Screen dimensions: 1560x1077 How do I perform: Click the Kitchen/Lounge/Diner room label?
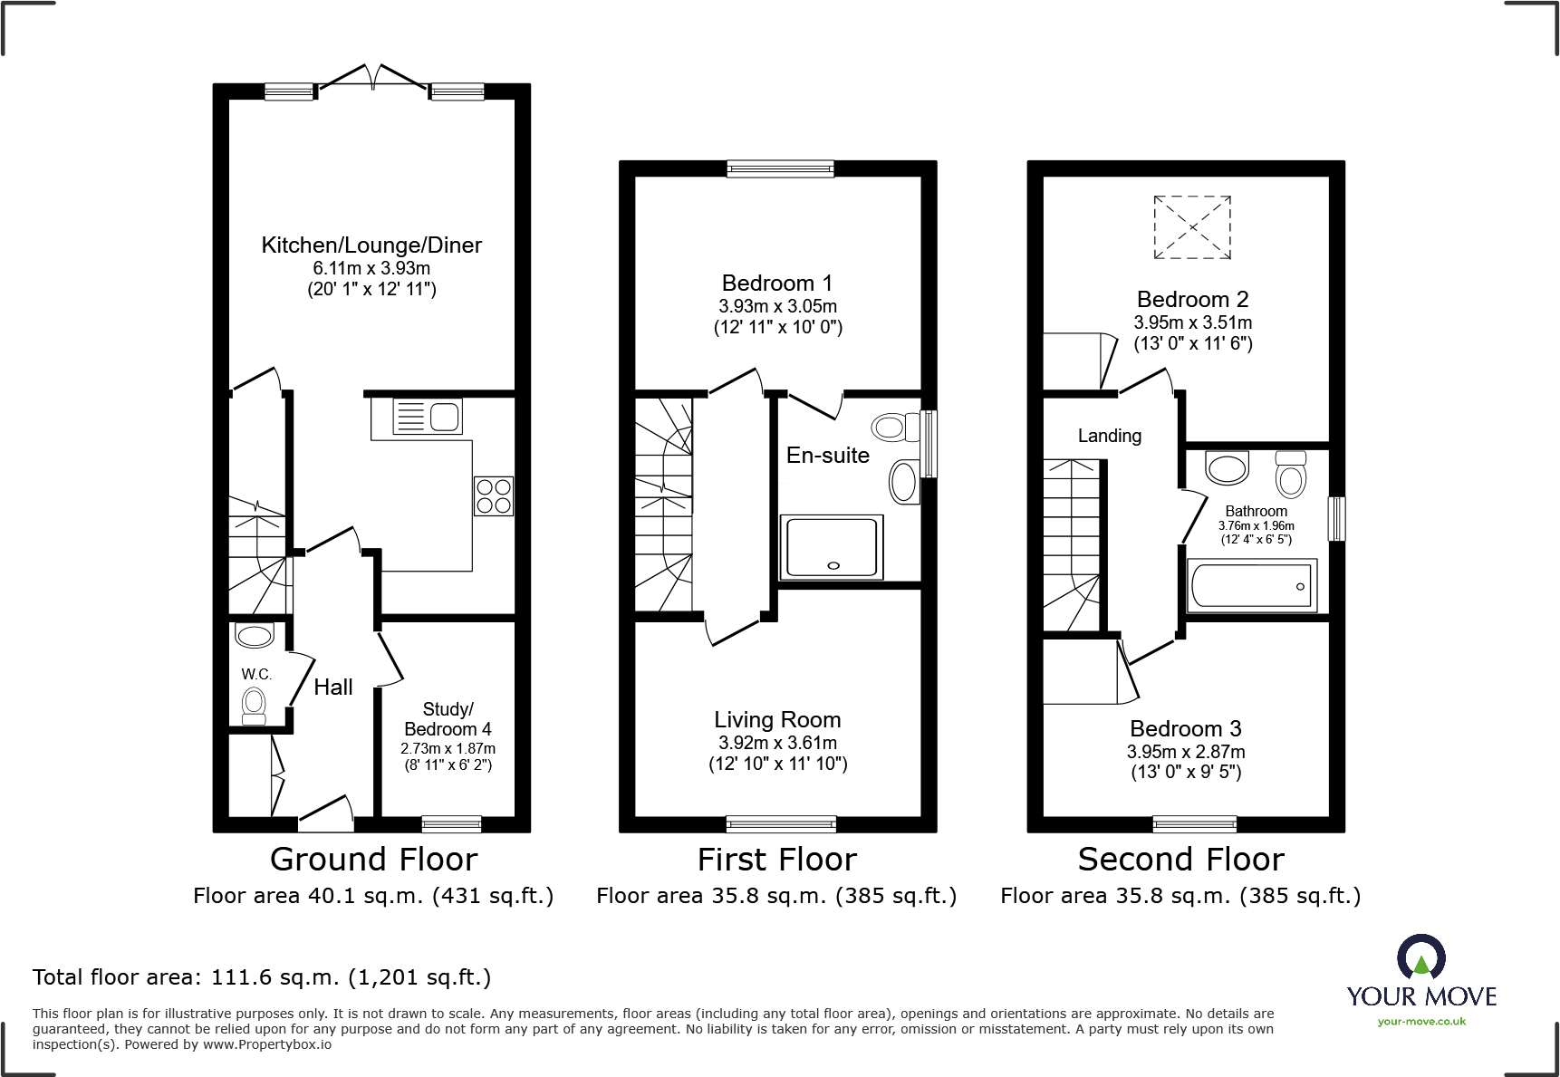click(x=371, y=245)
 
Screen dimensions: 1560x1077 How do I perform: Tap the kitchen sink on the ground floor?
click(x=428, y=416)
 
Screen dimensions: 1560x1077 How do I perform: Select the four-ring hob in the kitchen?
click(x=494, y=496)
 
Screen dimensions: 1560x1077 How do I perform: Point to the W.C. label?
click(x=256, y=674)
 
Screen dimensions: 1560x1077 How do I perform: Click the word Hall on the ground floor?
click(x=333, y=688)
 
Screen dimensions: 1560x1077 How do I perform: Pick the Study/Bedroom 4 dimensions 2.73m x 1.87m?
click(x=448, y=749)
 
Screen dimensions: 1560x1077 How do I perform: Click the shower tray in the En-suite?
click(x=832, y=547)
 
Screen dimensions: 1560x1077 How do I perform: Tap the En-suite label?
click(x=828, y=456)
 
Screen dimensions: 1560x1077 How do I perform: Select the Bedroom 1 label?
click(x=777, y=284)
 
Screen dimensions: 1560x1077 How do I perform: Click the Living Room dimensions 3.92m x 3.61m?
click(x=778, y=743)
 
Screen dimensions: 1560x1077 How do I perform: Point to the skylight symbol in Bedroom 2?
click(x=1192, y=227)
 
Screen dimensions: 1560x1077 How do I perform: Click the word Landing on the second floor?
click(x=1110, y=436)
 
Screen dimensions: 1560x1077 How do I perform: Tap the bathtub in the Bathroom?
click(x=1252, y=585)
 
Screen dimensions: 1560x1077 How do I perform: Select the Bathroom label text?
click(x=1257, y=512)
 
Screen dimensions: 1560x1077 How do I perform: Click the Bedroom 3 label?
click(x=1186, y=729)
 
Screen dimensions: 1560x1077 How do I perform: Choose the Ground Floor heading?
click(x=373, y=859)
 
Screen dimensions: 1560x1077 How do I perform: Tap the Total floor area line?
click(x=262, y=977)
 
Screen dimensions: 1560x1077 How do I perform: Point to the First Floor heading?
click(x=777, y=859)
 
